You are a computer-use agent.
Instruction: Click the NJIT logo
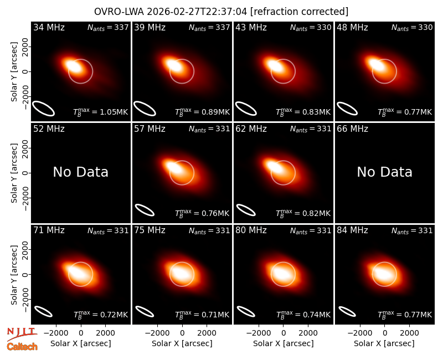[x=22, y=333]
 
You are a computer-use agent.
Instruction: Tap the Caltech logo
[x=22, y=347]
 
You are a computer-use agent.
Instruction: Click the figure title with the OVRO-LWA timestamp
[x=221, y=12]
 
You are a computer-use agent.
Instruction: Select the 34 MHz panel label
[x=49, y=27]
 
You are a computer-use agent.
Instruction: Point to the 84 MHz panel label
[x=352, y=230]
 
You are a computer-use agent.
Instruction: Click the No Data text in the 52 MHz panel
[x=80, y=172]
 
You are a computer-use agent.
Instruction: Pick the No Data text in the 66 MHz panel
[x=384, y=172]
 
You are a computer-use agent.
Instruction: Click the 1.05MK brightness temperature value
[x=114, y=112]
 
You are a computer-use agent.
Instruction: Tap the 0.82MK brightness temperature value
[x=316, y=213]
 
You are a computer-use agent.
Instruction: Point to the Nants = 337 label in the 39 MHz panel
[x=209, y=27]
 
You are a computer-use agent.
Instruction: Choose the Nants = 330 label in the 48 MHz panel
[x=412, y=27]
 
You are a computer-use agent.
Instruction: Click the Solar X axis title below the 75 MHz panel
[x=182, y=343]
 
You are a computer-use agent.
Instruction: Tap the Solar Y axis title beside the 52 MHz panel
[x=14, y=173]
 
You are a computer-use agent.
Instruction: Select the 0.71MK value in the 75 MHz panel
[x=215, y=315]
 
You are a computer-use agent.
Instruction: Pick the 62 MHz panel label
[x=251, y=129]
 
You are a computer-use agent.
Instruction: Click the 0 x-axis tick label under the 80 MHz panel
[x=284, y=333]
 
